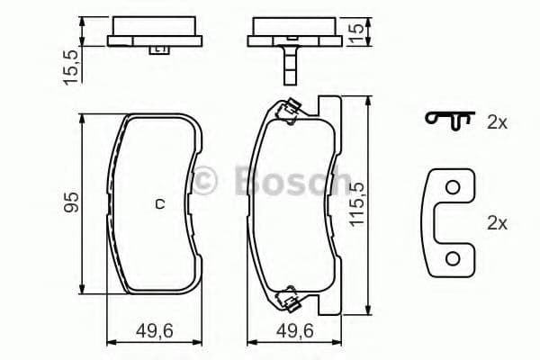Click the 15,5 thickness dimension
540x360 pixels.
coord(71,67)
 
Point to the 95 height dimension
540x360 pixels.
coord(71,202)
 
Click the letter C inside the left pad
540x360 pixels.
coord(160,203)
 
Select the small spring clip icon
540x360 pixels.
coord(450,121)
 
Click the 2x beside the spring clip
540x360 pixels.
coord(497,123)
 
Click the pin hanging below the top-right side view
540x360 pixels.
coord(290,63)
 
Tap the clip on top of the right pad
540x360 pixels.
coord(289,112)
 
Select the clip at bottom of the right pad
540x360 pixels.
coord(290,294)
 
